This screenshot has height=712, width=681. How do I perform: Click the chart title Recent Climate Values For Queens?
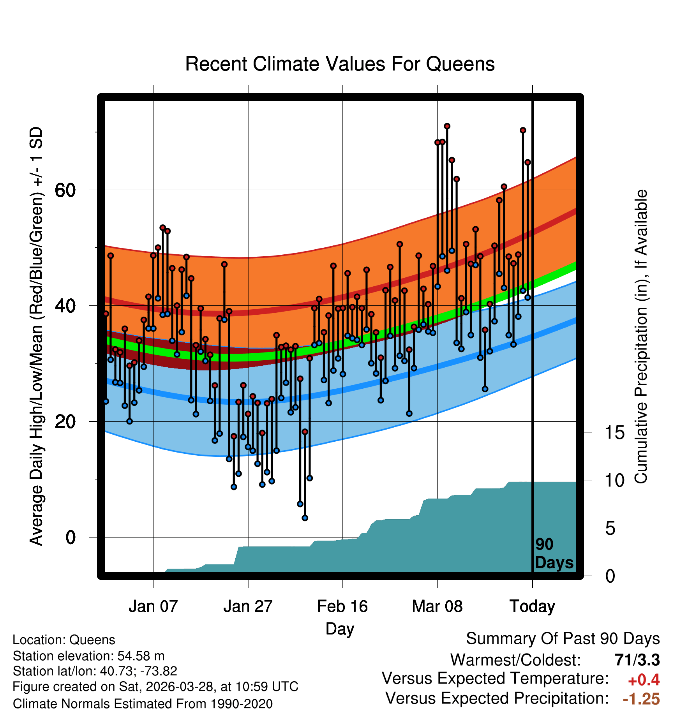coord(340,64)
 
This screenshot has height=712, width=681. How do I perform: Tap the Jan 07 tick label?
coord(153,606)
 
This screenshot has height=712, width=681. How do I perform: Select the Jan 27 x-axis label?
coord(248,606)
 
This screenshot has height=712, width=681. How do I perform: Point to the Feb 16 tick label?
coord(342,606)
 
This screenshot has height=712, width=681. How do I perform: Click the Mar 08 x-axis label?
coord(437,606)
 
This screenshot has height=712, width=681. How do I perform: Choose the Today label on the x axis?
coord(532,606)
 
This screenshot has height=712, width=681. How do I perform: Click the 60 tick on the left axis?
coord(65,190)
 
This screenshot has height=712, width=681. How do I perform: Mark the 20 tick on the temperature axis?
coord(65,421)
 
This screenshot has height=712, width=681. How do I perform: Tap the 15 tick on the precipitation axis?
coord(614,433)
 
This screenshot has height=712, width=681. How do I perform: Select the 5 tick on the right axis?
coord(610,529)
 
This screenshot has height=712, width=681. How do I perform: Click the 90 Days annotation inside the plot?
coord(554,553)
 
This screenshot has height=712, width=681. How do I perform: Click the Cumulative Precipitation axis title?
coord(641,337)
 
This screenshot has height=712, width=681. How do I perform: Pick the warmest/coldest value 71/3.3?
coord(637,660)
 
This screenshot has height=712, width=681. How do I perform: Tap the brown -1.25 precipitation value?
coord(641,699)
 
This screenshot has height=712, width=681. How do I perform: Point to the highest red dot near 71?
coord(447,126)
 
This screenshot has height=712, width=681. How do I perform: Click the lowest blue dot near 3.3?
coord(305,518)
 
